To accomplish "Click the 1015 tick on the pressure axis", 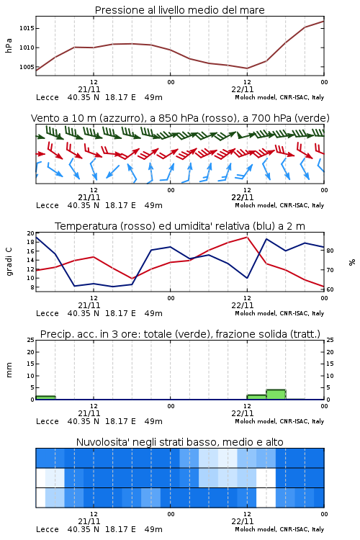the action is pos(27,28).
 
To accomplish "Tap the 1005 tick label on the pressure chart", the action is pos(27,67).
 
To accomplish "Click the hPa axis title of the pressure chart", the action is pos(9,45).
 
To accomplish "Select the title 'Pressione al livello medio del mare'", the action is pos(179,10).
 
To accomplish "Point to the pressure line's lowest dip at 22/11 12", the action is pos(247,68).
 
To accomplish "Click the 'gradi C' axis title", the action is pos(9,262).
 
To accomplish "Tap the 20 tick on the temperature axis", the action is pos(31,233).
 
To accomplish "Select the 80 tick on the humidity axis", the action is pos(330,251).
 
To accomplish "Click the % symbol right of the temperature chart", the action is pos(352,262).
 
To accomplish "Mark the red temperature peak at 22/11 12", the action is pos(247,237).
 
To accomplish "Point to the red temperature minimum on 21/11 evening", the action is pos(132,279).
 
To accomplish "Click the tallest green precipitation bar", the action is pos(276,395).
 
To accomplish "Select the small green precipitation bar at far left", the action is pos(45,397).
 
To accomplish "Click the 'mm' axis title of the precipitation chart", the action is pos(9,370).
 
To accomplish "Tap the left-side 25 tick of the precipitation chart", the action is pos(31,340).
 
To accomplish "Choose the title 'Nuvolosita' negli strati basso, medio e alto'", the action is pos(179,442).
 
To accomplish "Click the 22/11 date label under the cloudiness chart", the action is pos(243,521).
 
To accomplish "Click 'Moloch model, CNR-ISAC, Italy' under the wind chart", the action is pos(279,205).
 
